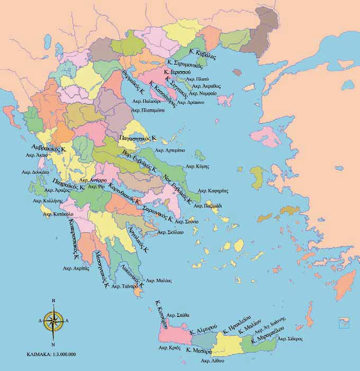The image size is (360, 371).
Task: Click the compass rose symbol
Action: click(x=53, y=321)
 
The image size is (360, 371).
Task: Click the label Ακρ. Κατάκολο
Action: click(x=53, y=215)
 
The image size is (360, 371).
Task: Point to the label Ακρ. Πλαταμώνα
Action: click(x=148, y=110)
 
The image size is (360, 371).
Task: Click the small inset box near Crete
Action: click(x=342, y=320)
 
